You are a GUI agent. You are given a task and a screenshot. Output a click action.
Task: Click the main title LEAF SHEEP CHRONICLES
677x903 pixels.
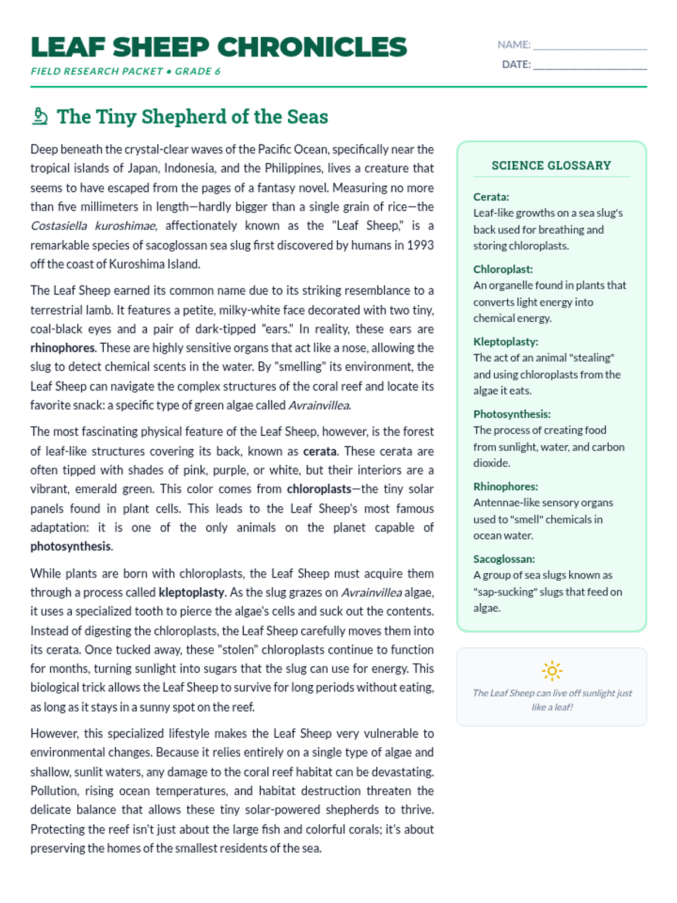218,47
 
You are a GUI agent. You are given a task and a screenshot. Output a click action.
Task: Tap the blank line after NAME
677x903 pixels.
590,45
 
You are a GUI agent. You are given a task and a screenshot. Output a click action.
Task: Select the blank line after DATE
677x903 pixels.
590,65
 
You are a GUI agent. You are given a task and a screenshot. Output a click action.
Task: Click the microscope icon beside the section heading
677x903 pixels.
39,116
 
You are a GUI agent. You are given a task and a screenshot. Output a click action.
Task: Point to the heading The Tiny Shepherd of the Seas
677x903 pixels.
192,117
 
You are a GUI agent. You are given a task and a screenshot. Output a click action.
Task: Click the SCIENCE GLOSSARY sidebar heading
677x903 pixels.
551,165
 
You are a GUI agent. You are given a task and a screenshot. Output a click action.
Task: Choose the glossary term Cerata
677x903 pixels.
491,197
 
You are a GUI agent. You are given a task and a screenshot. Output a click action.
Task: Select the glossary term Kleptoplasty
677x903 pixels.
505,341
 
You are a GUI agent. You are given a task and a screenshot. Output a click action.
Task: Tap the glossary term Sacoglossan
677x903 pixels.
504,559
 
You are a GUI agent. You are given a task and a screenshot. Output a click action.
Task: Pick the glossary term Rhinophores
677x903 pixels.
505,486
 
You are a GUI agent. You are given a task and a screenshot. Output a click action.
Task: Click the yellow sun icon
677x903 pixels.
552,670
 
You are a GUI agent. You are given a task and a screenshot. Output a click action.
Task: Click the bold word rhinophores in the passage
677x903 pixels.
63,348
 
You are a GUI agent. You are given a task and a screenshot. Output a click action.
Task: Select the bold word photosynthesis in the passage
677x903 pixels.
71,546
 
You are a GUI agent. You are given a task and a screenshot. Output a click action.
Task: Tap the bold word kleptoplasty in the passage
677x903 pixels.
191,593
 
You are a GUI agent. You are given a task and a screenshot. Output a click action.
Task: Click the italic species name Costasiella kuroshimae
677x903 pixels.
93,226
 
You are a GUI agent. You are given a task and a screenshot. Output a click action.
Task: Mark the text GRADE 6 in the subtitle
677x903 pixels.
197,71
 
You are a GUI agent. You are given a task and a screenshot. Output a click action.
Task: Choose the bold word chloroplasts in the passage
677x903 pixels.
319,489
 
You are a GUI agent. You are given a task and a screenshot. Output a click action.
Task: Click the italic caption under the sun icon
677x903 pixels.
552,700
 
